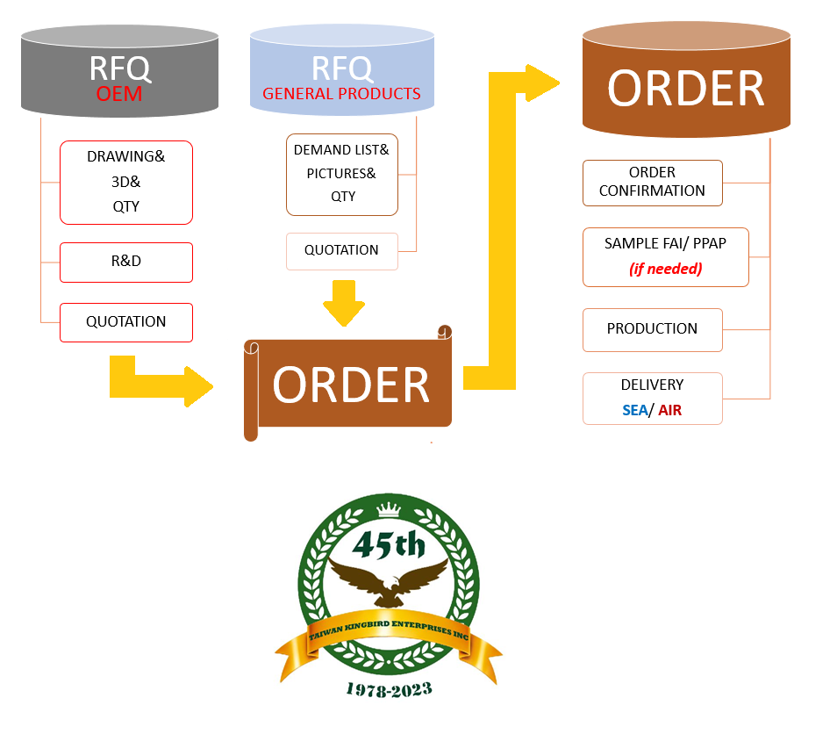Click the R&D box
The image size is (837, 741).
125,262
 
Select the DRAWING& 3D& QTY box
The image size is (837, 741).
125,182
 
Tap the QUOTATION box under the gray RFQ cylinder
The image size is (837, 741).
125,321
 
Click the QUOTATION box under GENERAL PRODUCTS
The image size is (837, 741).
341,250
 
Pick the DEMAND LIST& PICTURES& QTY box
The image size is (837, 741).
341,173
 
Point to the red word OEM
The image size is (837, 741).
119,93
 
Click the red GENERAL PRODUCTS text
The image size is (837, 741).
341,93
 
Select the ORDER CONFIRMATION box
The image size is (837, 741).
652,182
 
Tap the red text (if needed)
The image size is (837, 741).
665,269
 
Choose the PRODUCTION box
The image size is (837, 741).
652,328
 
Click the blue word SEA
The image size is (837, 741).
634,410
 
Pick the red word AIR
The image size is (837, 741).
669,410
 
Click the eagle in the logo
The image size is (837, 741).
389,584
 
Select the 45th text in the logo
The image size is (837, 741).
389,546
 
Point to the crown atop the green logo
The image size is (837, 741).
388,510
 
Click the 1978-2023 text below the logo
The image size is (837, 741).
389,689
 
